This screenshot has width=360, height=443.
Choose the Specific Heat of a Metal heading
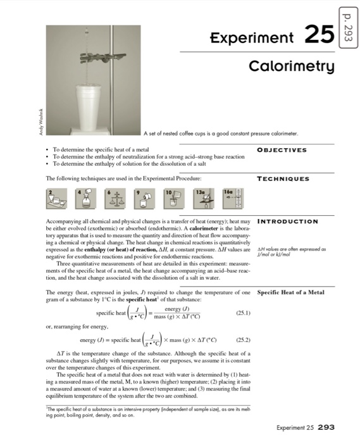[291, 292]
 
